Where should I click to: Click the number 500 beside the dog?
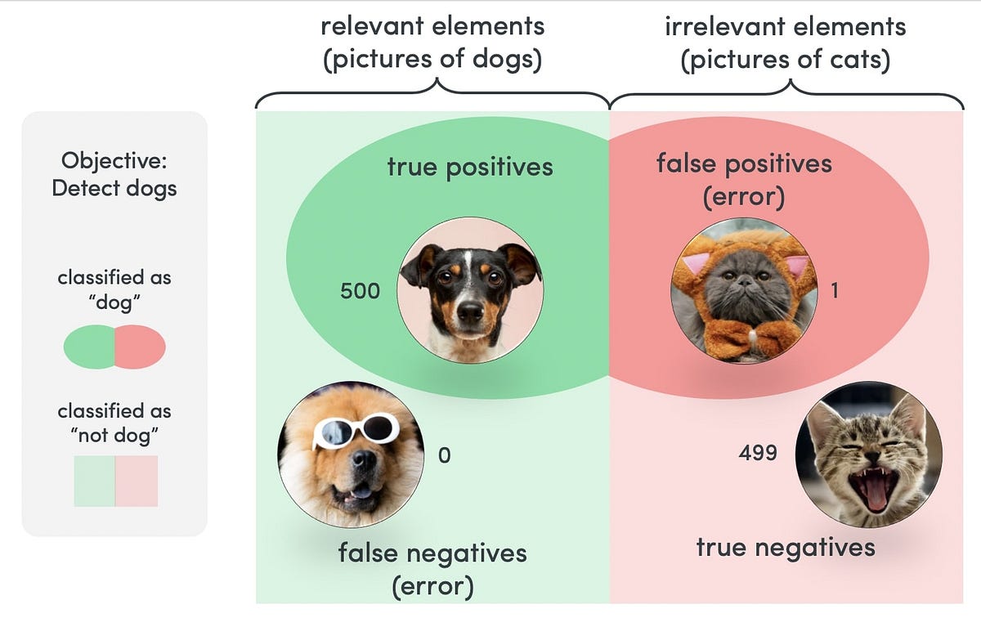[361, 290]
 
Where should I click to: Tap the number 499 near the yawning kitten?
[757, 452]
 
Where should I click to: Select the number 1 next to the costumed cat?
[834, 290]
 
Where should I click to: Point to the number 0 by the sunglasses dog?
[444, 455]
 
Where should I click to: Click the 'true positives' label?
[469, 168]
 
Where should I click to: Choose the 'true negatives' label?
[785, 547]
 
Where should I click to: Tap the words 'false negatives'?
[432, 553]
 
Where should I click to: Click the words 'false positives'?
[744, 163]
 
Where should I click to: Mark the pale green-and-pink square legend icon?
[115, 481]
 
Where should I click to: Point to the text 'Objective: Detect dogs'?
[114, 174]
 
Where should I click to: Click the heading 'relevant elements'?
[432, 26]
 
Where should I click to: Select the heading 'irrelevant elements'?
[785, 26]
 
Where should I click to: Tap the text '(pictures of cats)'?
[785, 60]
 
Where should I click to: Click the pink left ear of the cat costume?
[696, 264]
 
